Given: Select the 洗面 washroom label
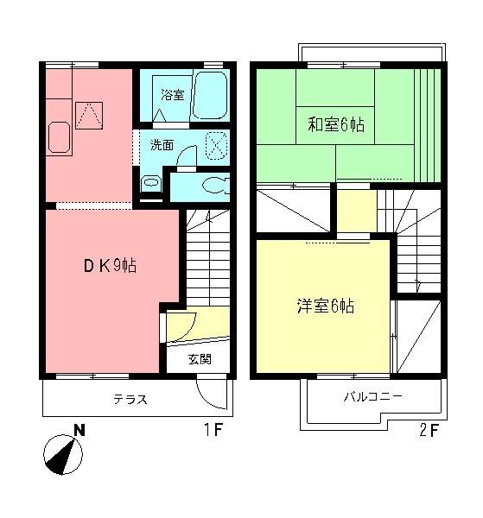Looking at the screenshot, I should click(x=162, y=143).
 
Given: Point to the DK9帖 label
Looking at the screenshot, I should click(x=110, y=266).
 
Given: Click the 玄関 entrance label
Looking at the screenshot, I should click(x=200, y=360).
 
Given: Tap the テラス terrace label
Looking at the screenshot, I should click(x=130, y=400).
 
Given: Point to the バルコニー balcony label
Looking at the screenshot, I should click(x=373, y=397).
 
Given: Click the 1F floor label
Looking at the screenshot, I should click(x=213, y=429).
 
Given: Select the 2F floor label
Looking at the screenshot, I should click(x=429, y=429).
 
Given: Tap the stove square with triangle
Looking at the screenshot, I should click(x=88, y=113).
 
